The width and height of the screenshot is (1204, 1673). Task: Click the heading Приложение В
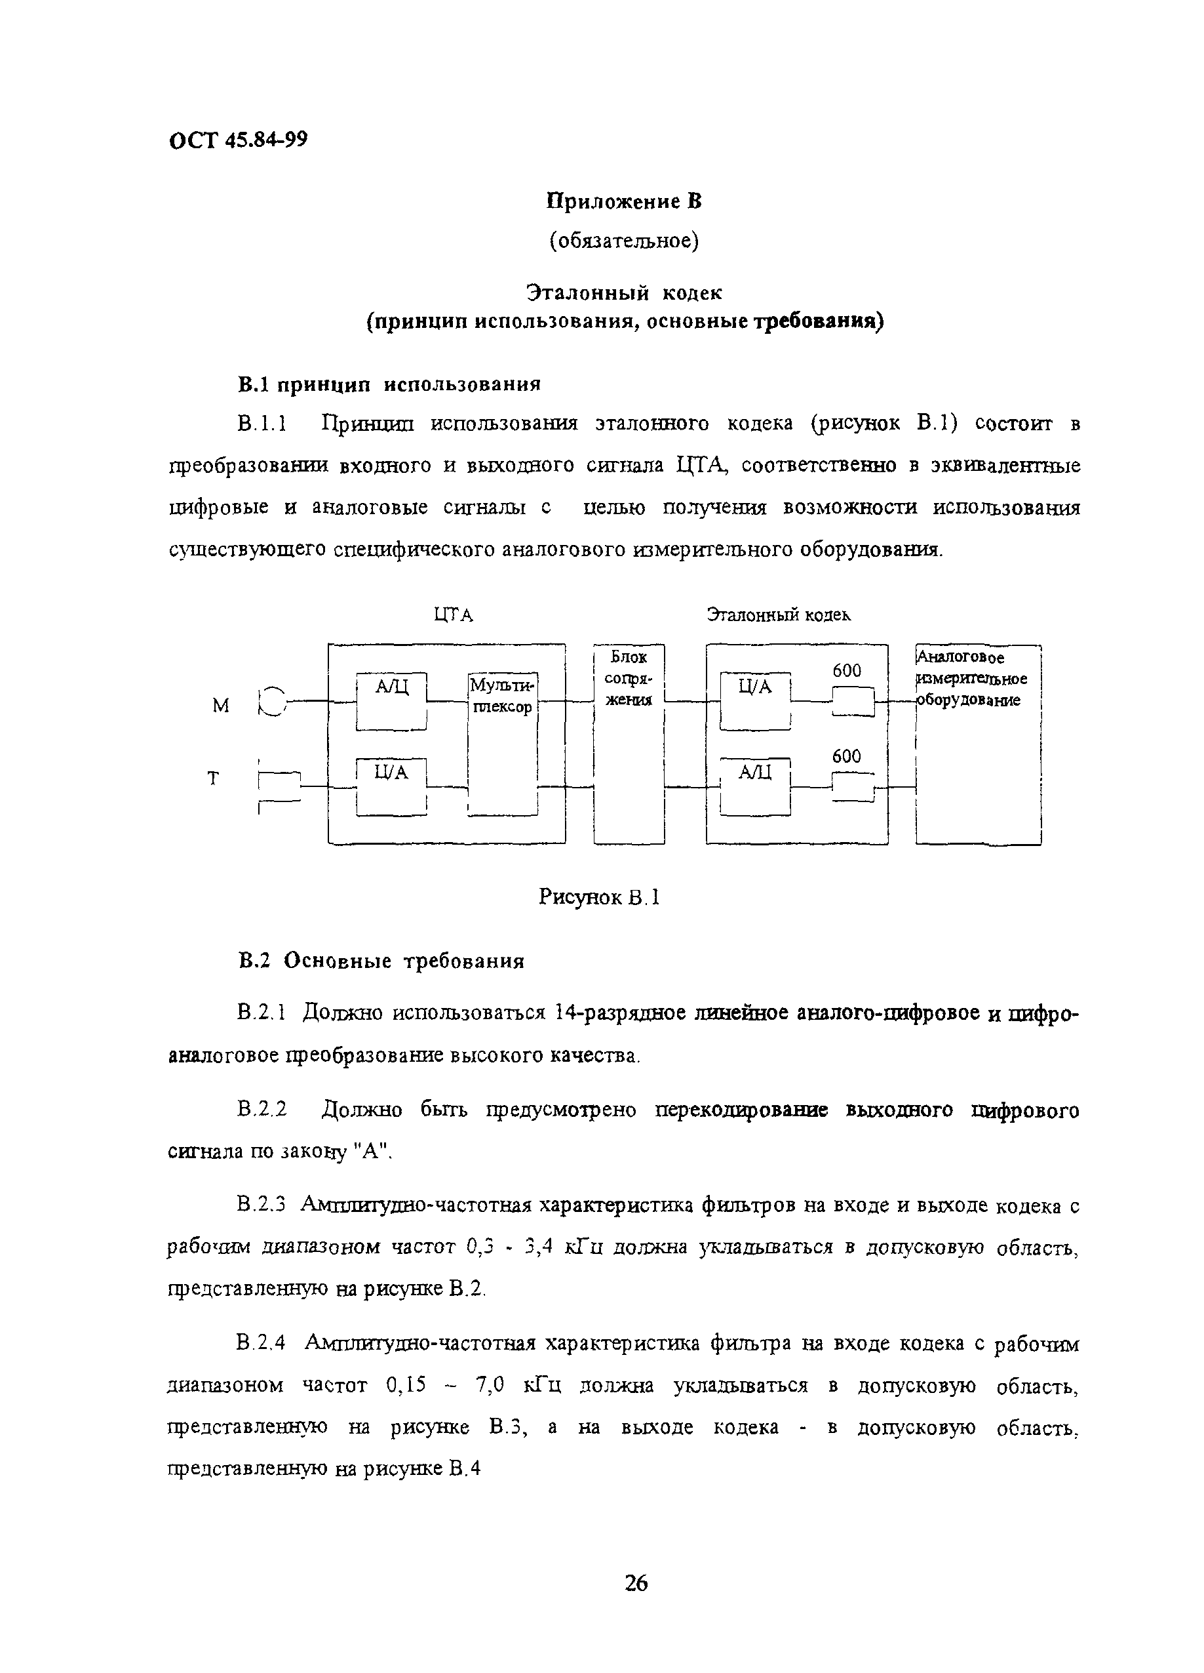click(623, 201)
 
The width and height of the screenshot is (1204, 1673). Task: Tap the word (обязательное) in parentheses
click(623, 241)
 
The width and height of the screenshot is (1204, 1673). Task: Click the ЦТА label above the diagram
click(453, 615)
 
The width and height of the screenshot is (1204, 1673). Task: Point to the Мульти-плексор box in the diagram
click(502, 696)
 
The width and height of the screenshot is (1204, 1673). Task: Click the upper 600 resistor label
click(846, 670)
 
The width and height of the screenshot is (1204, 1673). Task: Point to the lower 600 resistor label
click(846, 756)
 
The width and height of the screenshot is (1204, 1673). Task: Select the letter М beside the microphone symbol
click(220, 706)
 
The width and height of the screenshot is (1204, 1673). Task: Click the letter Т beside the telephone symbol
click(214, 778)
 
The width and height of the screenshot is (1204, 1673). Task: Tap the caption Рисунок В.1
click(598, 898)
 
